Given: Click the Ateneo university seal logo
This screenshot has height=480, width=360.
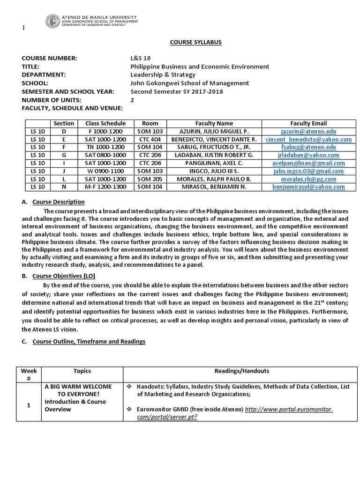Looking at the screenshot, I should [53, 21].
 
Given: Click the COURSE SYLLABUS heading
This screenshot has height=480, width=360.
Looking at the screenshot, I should [195, 42].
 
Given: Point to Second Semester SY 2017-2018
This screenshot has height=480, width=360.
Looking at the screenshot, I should [176, 91].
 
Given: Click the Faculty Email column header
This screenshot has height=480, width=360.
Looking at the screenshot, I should [308, 123].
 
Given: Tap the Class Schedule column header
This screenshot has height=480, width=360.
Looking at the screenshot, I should [105, 123].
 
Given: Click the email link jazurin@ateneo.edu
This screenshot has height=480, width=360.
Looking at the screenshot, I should [308, 132].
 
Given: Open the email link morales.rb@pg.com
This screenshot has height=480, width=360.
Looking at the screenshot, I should [308, 179].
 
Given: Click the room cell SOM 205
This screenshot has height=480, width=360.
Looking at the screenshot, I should [150, 179].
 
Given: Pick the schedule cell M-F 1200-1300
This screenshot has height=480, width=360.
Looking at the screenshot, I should [105, 187].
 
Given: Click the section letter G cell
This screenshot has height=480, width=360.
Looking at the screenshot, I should [64, 155].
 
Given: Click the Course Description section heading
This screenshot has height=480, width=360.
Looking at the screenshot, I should [59, 202].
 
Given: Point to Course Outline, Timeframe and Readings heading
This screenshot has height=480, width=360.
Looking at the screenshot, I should [89, 341].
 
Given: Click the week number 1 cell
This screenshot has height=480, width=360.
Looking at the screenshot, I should [29, 405].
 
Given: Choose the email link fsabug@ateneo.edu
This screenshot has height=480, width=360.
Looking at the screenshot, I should [308, 147].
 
